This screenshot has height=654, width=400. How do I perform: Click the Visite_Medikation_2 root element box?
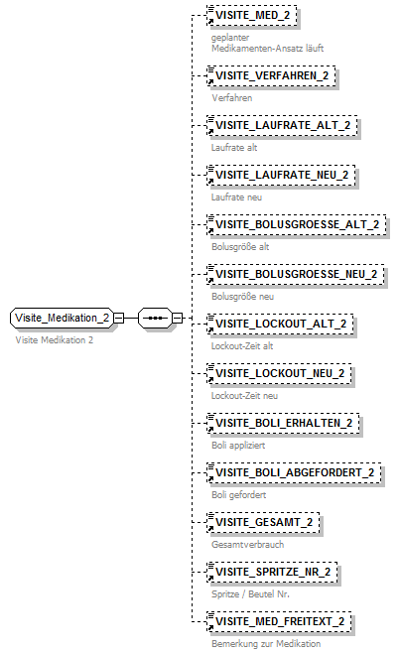(61, 318)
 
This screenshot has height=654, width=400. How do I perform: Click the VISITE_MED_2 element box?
(251, 17)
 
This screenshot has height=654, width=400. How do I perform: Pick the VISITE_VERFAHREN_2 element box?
(271, 76)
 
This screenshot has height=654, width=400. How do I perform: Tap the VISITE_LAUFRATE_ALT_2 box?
(282, 126)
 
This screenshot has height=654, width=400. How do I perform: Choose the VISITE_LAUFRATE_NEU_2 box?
(282, 176)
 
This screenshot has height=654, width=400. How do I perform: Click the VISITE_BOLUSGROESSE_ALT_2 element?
(296, 224)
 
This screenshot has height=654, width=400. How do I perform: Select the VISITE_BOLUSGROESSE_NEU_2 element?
(296, 274)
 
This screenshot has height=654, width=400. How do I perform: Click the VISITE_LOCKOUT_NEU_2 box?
(279, 373)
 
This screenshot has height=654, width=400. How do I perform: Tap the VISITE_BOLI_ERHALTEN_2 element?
(283, 423)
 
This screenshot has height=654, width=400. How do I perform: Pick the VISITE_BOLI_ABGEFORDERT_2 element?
(293, 472)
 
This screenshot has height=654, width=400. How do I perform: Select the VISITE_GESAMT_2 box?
(263, 522)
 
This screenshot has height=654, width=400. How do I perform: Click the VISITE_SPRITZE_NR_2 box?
(272, 572)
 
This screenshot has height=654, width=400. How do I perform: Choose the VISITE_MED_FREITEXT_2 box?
(280, 621)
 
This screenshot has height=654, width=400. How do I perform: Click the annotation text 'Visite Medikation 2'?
(55, 340)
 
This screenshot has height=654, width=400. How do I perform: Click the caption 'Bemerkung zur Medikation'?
(265, 643)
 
